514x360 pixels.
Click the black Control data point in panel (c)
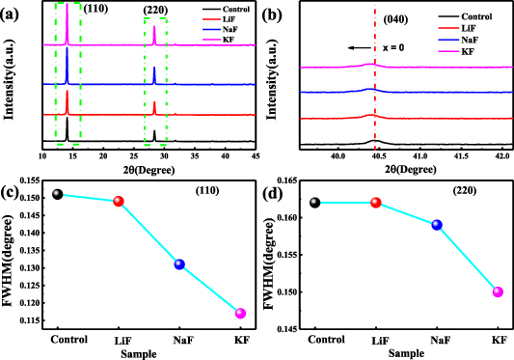pyautogui.click(x=58, y=194)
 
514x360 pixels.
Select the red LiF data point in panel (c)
pyautogui.click(x=119, y=202)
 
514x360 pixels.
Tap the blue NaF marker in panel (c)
pyautogui.click(x=179, y=264)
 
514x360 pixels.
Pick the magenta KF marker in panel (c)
pyautogui.click(x=240, y=313)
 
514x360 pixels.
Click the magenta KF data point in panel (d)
pyautogui.click(x=498, y=291)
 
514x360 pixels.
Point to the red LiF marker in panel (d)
pyautogui.click(x=376, y=203)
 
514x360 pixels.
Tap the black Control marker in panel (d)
pyautogui.click(x=315, y=203)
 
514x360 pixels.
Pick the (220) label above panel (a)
pyautogui.click(x=155, y=10)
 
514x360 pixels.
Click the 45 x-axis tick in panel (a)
pyautogui.click(x=255, y=155)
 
